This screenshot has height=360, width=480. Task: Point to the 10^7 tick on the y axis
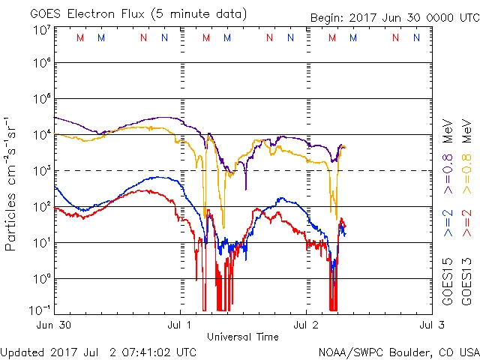pos(42,30)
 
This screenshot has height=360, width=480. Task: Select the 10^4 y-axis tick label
pos(42,135)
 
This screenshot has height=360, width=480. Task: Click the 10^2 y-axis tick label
pos(42,207)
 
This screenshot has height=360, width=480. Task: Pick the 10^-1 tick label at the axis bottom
pos(40,310)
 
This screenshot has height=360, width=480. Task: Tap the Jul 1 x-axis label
pos(181,325)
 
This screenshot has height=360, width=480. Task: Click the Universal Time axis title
pos(243,337)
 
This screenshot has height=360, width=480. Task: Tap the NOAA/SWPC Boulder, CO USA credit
pos(398,352)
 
